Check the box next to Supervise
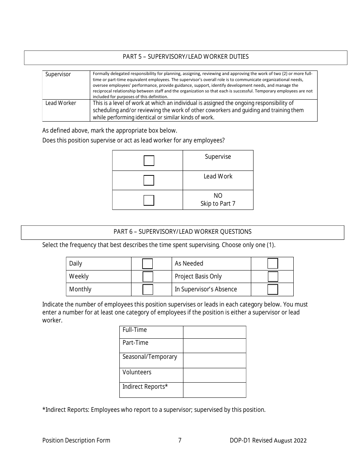coord(149,161)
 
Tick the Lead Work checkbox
coord(149,180)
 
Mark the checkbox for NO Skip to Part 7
coord(149,200)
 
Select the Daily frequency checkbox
coord(148,264)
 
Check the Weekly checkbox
coord(148,277)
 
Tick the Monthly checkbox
coord(148,289)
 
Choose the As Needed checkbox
coord(272,264)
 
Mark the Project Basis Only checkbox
coord(272,277)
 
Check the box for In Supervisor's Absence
coord(272,289)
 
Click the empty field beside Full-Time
coord(214,332)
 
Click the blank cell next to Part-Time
coord(214,346)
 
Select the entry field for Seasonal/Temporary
coord(214,360)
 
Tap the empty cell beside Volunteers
coord(214,375)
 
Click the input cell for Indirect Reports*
coord(214,390)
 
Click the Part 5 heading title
coord(186,57)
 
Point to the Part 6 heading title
coord(182,232)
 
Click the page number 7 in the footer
coord(180,440)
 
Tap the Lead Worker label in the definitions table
coord(61,103)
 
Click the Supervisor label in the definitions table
coord(58,74)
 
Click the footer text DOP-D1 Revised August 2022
coord(268,440)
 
